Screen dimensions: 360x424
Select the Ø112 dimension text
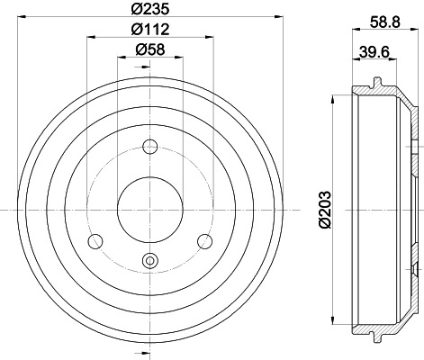click(x=149, y=29)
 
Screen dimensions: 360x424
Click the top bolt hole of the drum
click(x=150, y=146)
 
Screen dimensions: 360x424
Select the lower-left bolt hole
click(x=95, y=240)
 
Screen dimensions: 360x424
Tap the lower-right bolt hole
click(x=205, y=240)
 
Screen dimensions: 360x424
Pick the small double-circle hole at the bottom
click(x=149, y=262)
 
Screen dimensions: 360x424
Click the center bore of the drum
click(x=149, y=208)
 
